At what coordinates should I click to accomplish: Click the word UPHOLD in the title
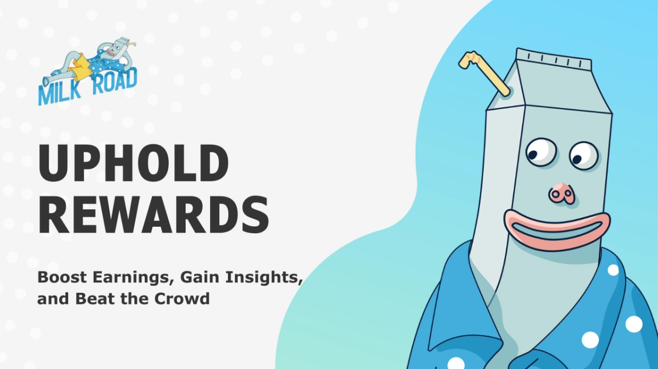click(x=134, y=163)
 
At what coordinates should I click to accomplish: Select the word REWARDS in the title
click(x=154, y=215)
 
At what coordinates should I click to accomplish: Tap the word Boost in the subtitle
click(x=62, y=277)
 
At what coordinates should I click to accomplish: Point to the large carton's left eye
click(x=541, y=152)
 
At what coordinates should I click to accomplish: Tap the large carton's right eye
click(x=584, y=155)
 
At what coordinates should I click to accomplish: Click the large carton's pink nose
click(x=561, y=193)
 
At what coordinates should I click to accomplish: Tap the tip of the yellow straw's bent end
click(x=461, y=65)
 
